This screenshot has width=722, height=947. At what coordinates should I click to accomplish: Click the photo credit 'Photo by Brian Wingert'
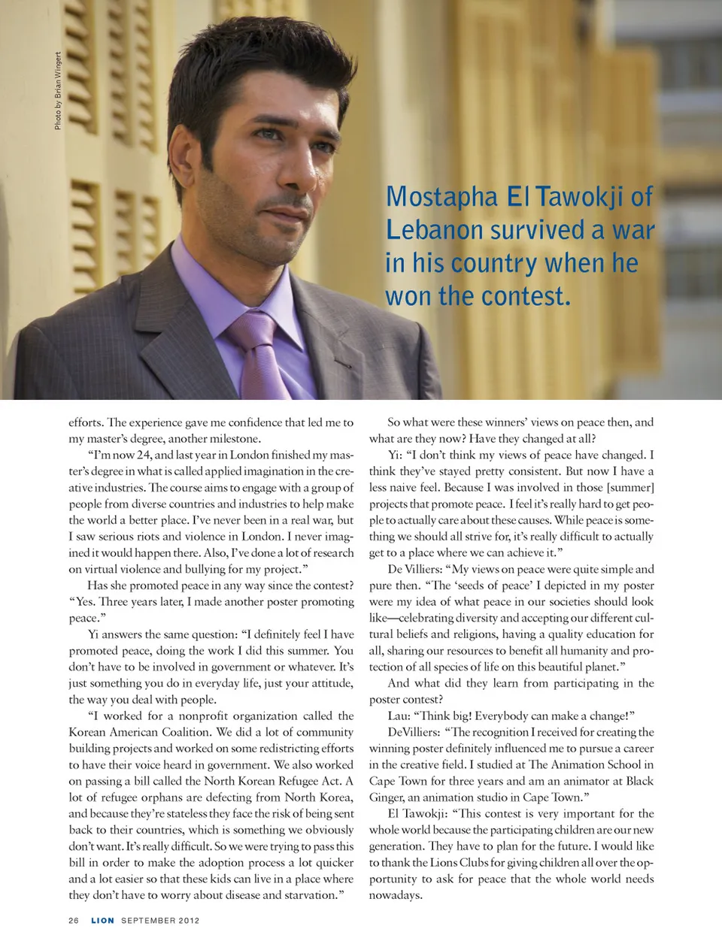click(58, 91)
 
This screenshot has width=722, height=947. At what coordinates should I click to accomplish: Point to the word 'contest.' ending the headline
click(526, 296)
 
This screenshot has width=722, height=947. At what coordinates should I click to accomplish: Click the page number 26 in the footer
click(74, 920)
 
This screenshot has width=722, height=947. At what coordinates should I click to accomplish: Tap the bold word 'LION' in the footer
click(102, 920)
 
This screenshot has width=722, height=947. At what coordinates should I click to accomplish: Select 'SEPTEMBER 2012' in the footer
click(160, 920)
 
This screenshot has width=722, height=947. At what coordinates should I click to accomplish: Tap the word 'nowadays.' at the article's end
click(396, 895)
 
